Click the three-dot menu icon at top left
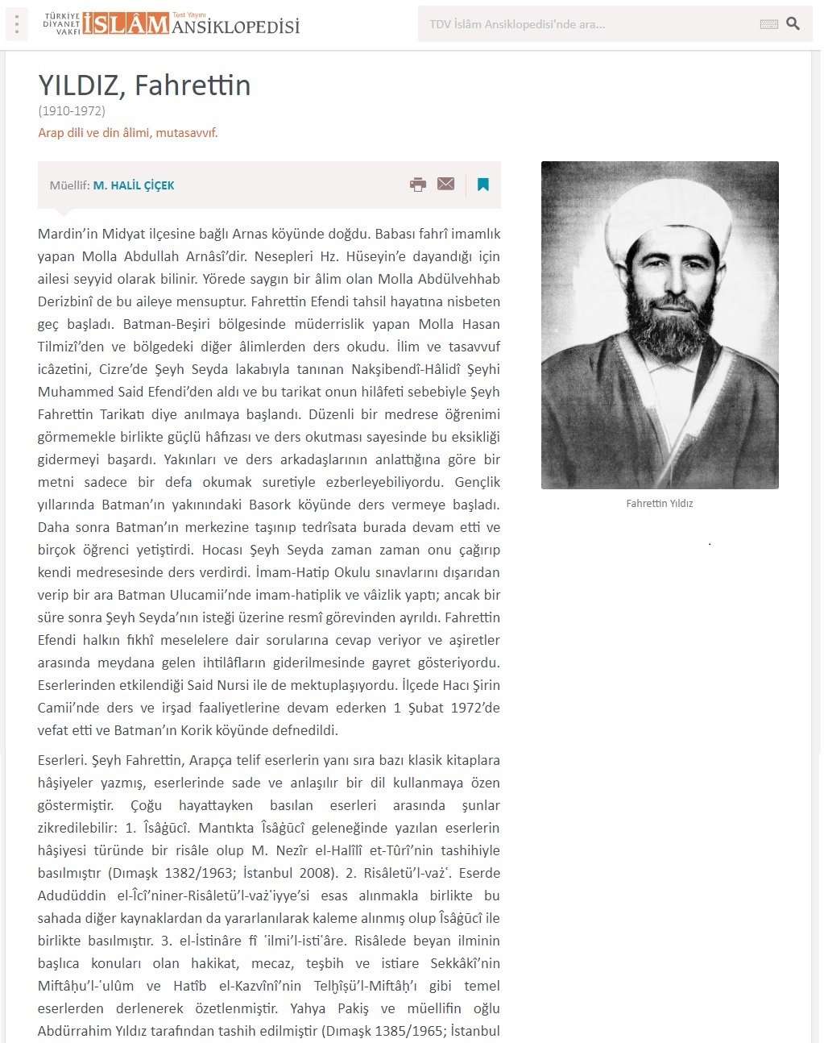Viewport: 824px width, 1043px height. [x=16, y=24]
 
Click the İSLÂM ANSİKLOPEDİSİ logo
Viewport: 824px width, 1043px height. [x=172, y=24]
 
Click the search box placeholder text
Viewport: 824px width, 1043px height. [x=517, y=24]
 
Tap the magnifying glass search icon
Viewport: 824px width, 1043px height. [x=793, y=24]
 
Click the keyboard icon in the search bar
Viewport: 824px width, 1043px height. [x=768, y=25]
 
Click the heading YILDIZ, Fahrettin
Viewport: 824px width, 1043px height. [x=144, y=85]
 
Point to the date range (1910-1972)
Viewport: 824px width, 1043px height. [x=72, y=111]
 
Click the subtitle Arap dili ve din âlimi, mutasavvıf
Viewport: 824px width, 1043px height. [x=128, y=133]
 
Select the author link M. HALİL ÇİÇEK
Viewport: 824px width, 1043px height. [x=134, y=185]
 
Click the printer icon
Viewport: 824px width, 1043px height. [x=417, y=185]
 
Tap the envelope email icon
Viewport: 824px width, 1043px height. [x=445, y=184]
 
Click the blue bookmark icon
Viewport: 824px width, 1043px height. [x=483, y=185]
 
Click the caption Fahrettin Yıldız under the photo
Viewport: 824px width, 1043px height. [x=660, y=504]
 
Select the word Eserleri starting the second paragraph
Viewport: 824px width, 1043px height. [x=61, y=761]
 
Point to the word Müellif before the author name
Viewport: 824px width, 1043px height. [x=68, y=185]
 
